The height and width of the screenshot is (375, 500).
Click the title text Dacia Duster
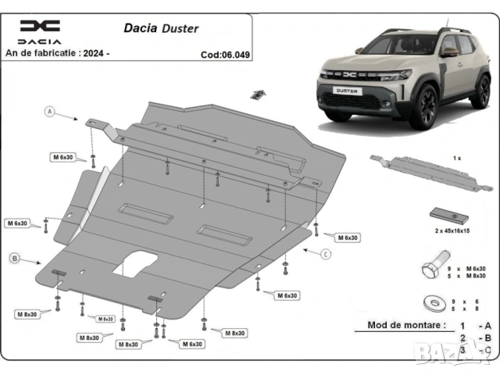click(161, 29)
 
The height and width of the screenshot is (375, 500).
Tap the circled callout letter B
click(14, 258)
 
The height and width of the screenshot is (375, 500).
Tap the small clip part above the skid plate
click(255, 94)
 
